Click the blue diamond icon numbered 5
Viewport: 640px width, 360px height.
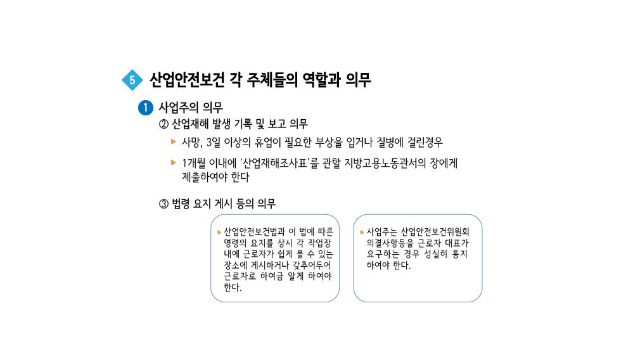coord(132,80)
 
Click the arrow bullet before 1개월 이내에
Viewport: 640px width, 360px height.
coord(174,162)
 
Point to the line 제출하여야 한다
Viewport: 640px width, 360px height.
coord(215,177)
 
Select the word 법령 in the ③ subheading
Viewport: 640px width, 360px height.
coord(181,204)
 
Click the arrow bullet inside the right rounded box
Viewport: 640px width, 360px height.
coord(362,231)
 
